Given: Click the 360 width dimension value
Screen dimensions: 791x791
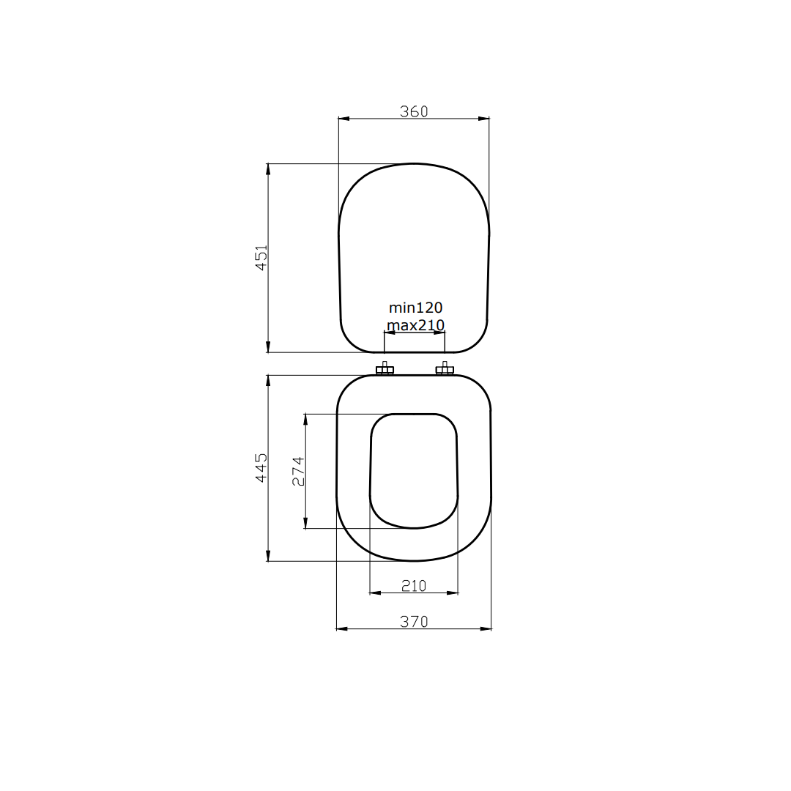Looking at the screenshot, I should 414,111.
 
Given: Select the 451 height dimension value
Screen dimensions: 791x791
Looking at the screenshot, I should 261,258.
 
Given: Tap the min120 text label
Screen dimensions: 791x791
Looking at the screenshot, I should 415,308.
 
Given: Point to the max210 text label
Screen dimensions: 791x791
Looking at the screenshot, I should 415,324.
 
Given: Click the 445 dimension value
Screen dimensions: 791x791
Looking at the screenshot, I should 261,467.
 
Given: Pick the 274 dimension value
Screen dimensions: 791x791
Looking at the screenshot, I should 298,471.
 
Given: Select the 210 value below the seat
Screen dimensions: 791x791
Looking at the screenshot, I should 414,585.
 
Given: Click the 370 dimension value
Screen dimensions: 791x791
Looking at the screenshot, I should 414,622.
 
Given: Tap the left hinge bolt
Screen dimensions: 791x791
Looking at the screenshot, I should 385,369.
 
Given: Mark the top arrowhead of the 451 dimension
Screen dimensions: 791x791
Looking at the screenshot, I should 268,169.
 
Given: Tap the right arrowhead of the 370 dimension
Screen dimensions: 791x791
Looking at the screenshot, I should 486,628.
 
